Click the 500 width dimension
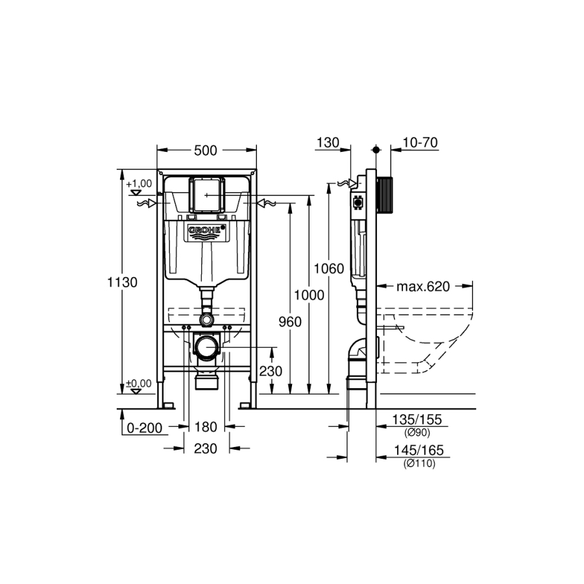[206, 151]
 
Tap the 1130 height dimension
[123, 282]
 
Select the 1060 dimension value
[329, 269]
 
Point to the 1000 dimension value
[309, 295]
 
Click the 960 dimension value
[290, 322]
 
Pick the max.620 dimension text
[423, 286]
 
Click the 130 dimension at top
[328, 143]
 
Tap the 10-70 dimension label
[420, 143]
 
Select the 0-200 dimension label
[145, 428]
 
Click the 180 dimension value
[206, 427]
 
